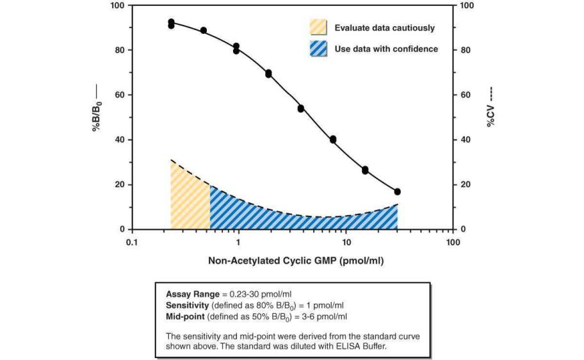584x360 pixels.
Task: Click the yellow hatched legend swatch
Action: point(318,28)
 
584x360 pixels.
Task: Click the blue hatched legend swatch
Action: point(318,49)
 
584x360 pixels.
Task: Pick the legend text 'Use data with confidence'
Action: point(386,49)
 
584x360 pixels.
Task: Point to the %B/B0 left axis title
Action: point(98,117)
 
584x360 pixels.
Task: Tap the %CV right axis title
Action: point(491,112)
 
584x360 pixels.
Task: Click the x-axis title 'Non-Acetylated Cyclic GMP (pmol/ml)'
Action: point(296,261)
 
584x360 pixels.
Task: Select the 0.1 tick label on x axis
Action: point(132,243)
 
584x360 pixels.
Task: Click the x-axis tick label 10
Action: point(346,243)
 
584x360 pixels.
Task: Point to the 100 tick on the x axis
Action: point(452,243)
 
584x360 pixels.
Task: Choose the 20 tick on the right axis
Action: point(466,184)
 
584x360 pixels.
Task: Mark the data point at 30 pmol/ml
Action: point(398,192)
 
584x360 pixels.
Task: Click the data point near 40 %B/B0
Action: point(333,140)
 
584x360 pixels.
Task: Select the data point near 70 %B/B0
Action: point(269,74)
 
